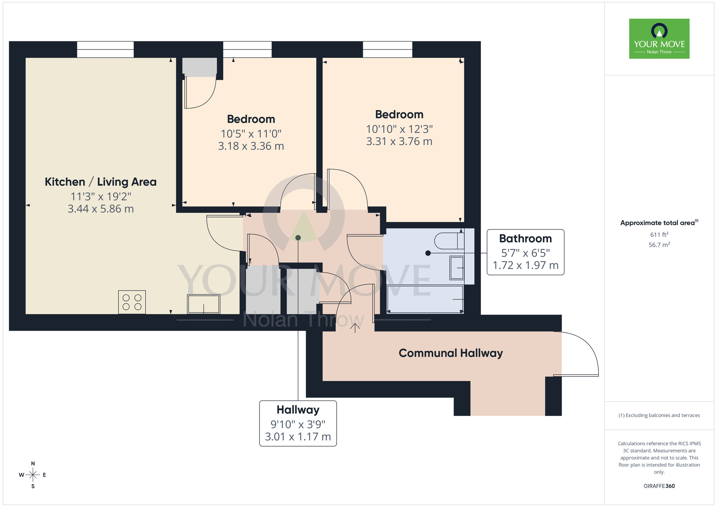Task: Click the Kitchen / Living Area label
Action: pyautogui.click(x=100, y=182)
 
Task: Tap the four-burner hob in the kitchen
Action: pyautogui.click(x=132, y=302)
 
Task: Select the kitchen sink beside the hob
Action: pyautogui.click(x=204, y=304)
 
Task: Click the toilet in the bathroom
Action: pyautogui.click(x=448, y=241)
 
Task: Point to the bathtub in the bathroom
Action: pyautogui.click(x=425, y=299)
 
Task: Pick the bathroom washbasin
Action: pyautogui.click(x=457, y=268)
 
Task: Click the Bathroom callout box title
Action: pyautogui.click(x=525, y=238)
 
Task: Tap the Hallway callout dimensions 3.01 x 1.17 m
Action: pyautogui.click(x=298, y=436)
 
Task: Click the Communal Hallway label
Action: pyautogui.click(x=451, y=353)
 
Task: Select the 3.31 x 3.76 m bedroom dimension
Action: pyautogui.click(x=399, y=142)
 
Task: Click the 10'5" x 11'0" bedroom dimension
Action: pyautogui.click(x=251, y=134)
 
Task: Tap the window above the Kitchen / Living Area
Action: pyautogui.click(x=105, y=49)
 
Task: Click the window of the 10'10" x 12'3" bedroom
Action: pyautogui.click(x=388, y=49)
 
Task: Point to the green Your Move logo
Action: pyautogui.click(x=659, y=39)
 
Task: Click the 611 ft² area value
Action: pyautogui.click(x=659, y=234)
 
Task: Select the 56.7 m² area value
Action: pyautogui.click(x=659, y=245)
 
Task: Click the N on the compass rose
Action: pyautogui.click(x=33, y=464)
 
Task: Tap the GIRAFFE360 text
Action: pyautogui.click(x=659, y=486)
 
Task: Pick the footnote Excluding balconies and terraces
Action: pyautogui.click(x=659, y=415)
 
